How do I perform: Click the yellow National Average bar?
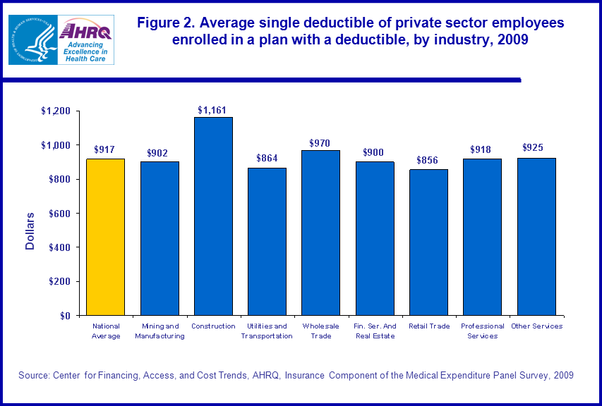pyautogui.click(x=105, y=237)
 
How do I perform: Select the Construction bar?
pyautogui.click(x=213, y=216)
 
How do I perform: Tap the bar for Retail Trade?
pyautogui.click(x=428, y=242)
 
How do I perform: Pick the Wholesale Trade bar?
pyautogui.click(x=321, y=233)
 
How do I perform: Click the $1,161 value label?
pyautogui.click(x=212, y=110)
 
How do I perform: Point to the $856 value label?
pyautogui.click(x=428, y=161)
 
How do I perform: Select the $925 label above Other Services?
pyautogui.click(x=536, y=148)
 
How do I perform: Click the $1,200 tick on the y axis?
pyautogui.click(x=56, y=111)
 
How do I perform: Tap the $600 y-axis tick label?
pyautogui.click(x=59, y=214)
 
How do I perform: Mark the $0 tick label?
pyautogui.click(x=65, y=316)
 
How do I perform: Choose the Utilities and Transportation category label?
pyautogui.click(x=267, y=331)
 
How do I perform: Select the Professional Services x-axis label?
pyautogui.click(x=482, y=331)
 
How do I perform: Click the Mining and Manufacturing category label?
pyautogui.click(x=159, y=331)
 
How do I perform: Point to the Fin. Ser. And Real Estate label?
pyautogui.click(x=375, y=331)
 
